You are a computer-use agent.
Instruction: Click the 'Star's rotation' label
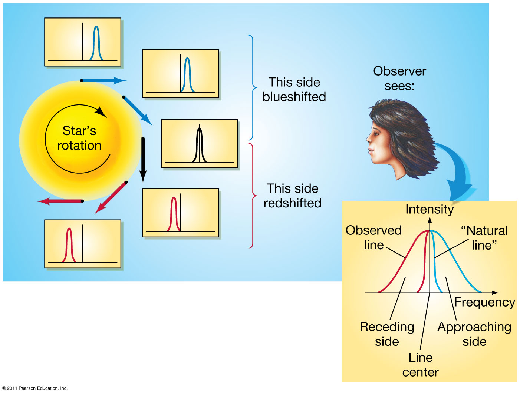79,138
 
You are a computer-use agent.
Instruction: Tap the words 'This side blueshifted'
294,89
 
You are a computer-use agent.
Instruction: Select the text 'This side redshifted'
293,196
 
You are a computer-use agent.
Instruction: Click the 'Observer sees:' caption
399,78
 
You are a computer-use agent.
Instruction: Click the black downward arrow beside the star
143,159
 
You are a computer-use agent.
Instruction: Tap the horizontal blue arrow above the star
103,80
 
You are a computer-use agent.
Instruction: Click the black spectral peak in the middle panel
200,144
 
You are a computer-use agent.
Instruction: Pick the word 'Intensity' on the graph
430,209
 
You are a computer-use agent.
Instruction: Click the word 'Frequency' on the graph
484,302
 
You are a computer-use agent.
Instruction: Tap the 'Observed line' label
373,237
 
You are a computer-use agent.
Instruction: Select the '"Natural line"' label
484,238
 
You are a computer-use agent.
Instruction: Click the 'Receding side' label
387,334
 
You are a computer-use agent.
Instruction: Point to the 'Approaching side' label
474,334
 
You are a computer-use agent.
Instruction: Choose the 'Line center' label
421,365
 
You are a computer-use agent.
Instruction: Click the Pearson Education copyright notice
35,388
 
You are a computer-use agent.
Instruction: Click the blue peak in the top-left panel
96,43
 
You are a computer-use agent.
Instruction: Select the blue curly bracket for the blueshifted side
253,88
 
